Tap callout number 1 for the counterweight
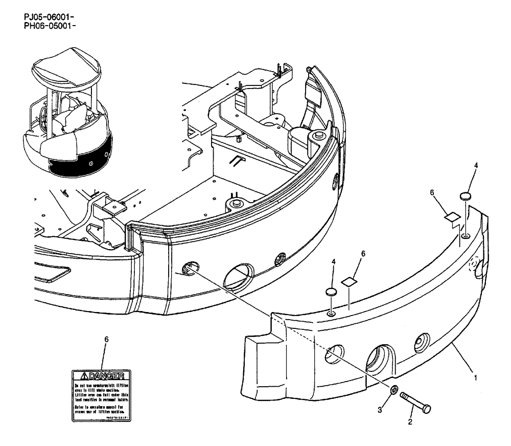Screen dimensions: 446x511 tap(476, 378)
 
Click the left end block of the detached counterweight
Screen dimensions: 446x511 tap(260, 363)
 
